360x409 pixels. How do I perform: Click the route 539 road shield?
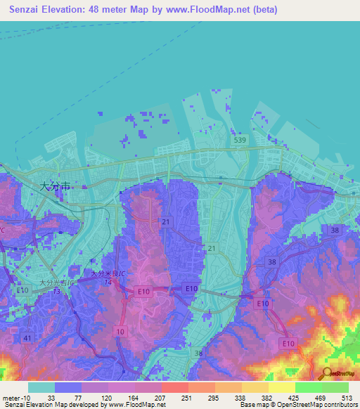(240, 141)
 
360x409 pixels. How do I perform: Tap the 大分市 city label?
(55, 187)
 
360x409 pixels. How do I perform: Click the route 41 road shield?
(27, 338)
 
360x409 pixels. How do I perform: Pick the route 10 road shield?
(121, 331)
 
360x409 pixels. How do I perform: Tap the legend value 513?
(347, 397)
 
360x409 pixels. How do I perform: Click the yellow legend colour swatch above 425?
(281, 387)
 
